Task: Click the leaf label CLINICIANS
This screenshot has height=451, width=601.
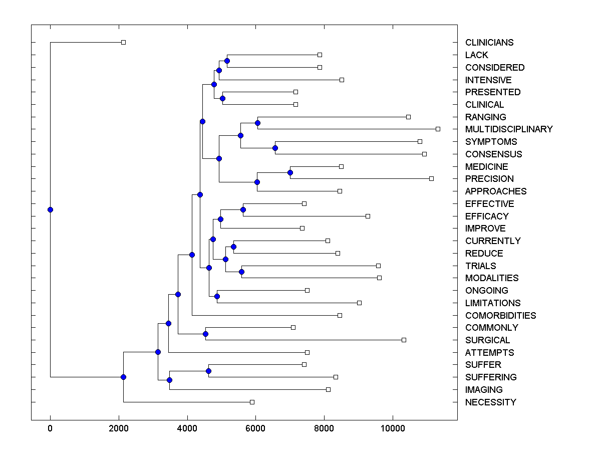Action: [x=489, y=43]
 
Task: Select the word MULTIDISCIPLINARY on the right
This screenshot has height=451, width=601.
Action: [x=509, y=129]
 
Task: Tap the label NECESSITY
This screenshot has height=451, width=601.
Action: [x=490, y=402]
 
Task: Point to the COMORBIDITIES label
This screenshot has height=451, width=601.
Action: [x=500, y=316]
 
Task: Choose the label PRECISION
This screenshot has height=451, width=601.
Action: [x=489, y=179]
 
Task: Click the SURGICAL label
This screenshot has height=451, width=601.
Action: [x=487, y=340]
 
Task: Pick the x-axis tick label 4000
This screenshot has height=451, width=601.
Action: [x=187, y=428]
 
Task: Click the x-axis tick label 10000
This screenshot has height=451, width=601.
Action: [x=393, y=428]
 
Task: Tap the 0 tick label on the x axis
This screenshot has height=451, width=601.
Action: [x=50, y=428]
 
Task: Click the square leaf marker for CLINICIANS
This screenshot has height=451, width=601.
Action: [x=124, y=43]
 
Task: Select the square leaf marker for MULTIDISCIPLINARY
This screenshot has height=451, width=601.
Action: [x=438, y=129]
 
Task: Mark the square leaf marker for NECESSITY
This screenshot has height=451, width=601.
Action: [x=252, y=402]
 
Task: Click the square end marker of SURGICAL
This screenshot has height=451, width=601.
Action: [x=404, y=340]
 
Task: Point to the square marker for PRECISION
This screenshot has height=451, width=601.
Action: [x=431, y=178]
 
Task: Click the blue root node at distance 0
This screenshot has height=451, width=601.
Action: [x=50, y=209]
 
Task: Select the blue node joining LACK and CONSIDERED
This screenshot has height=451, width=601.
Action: [x=227, y=61]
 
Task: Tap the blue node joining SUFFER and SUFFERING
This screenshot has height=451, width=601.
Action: [x=208, y=371]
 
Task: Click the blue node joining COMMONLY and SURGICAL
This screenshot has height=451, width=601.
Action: [x=205, y=334]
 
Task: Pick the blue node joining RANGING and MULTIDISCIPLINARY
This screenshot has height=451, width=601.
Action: [x=257, y=123]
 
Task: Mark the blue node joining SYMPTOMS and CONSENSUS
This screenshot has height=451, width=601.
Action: [x=275, y=148]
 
